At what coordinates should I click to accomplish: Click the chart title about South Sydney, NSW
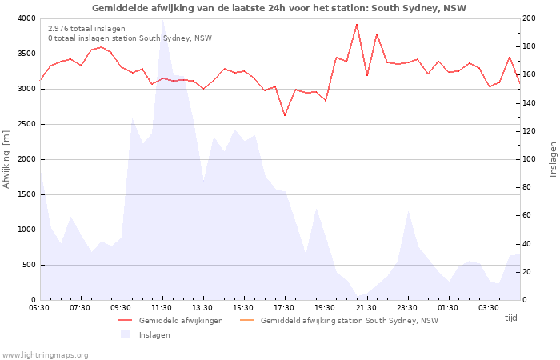point(279,8)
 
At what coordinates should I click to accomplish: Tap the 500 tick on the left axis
point(28,265)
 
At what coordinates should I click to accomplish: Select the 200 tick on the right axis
point(530,18)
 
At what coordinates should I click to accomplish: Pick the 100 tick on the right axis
point(530,159)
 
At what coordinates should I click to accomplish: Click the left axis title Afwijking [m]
point(7,159)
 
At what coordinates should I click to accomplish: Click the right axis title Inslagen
point(553,159)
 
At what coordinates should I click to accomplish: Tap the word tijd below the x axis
point(510,318)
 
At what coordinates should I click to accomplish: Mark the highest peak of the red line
point(357,24)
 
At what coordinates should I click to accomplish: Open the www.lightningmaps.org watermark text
point(45,354)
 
